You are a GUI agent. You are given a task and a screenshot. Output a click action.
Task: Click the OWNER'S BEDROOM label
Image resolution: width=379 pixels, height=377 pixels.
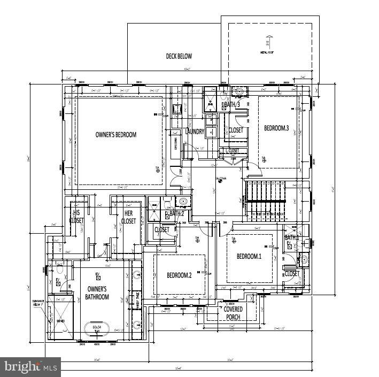115,134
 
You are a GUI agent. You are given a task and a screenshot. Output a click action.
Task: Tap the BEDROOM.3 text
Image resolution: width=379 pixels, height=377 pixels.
276,128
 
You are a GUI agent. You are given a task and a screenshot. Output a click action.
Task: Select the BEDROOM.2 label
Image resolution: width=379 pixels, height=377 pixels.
179,275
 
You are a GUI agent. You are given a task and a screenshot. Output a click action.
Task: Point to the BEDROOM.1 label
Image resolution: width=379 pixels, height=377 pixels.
249,256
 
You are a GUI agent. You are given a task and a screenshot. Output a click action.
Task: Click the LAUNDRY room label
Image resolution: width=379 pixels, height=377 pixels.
195,132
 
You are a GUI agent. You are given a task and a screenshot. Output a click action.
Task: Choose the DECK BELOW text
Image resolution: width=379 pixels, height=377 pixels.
179,56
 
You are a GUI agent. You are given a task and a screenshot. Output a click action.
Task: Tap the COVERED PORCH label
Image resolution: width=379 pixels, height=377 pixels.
233,313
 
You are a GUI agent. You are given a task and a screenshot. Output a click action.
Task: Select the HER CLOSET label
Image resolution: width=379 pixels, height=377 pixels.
128,217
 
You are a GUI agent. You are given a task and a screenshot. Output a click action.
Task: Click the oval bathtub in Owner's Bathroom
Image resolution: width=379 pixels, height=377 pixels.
97,327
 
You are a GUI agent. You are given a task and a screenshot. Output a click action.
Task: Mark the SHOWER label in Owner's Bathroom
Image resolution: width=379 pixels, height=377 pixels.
60,321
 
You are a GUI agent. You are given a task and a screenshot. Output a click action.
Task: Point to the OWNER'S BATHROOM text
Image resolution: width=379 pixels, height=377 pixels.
98,293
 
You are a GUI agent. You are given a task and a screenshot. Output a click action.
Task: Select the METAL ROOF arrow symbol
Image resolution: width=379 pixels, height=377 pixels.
268,41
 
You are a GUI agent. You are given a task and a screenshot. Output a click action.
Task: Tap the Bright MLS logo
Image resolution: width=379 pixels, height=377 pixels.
30,367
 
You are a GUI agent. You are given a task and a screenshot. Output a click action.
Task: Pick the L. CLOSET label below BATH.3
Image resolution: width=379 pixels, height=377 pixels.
232,151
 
